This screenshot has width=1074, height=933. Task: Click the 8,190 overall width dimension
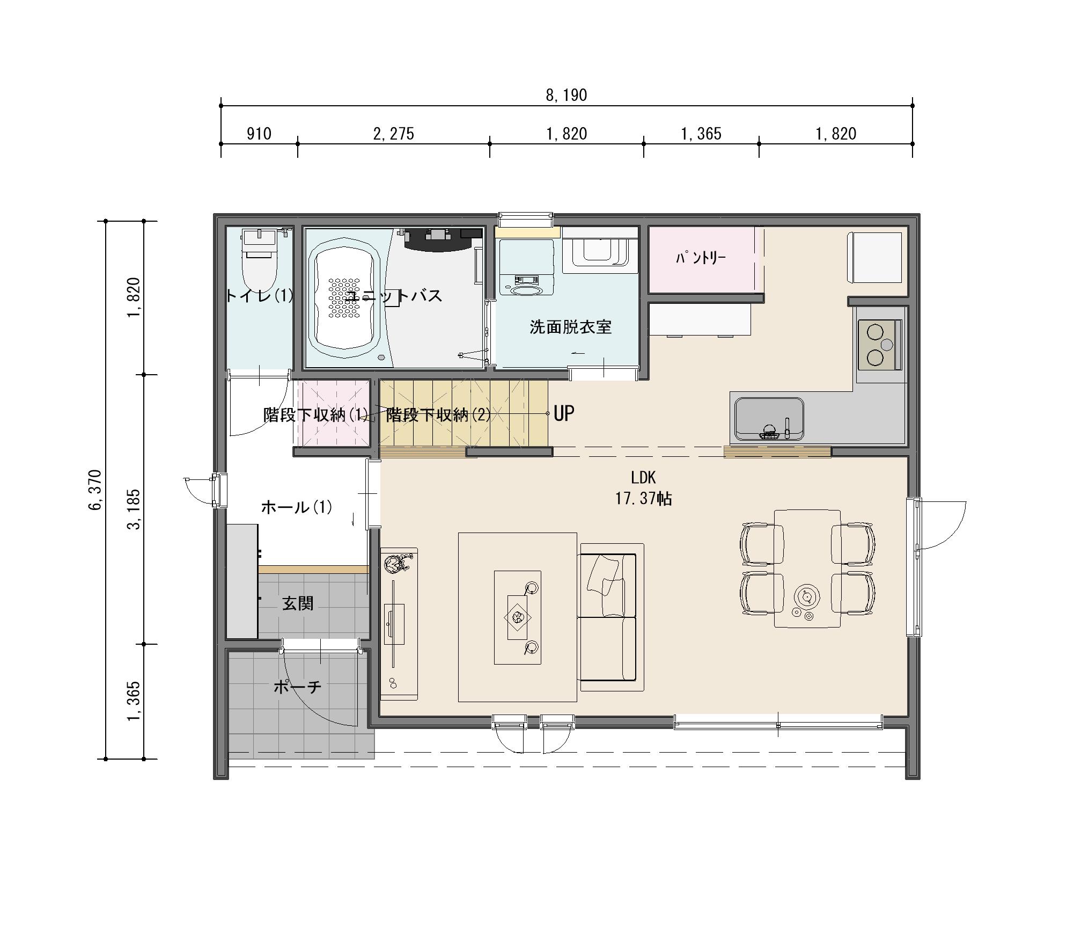point(567,96)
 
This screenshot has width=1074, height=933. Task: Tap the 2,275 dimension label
point(394,134)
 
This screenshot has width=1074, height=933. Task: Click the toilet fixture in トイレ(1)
point(259,260)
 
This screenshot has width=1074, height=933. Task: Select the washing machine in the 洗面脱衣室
point(526,267)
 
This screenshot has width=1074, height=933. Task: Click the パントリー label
point(701,258)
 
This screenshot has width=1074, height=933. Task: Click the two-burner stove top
point(880,345)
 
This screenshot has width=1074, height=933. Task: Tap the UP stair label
point(564,413)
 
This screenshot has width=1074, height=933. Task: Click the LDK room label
point(643,477)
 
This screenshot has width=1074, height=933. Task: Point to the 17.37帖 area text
point(643,499)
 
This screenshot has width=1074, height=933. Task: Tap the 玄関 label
point(298,604)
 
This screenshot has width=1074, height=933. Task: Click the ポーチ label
point(298,687)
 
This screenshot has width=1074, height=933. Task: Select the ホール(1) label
point(297,507)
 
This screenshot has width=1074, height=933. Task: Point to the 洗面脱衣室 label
point(571,327)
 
